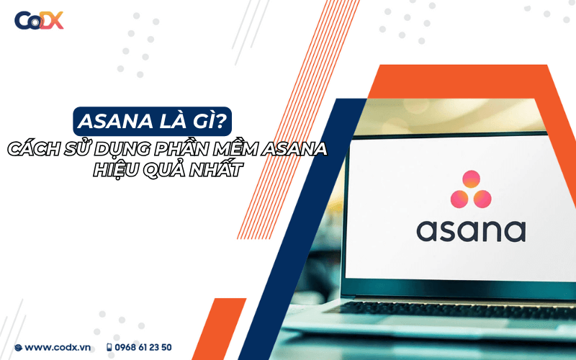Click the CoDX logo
coord(39,20)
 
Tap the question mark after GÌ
coord(220,120)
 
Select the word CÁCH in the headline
coord(33,149)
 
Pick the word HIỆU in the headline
coord(116,170)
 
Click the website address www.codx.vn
coord(58,347)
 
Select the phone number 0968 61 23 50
coord(143,347)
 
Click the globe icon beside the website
coord(19,348)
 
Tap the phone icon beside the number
coord(109,347)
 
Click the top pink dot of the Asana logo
coord(471,179)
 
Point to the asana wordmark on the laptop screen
coord(471,231)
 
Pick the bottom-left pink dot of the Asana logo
coord(459,199)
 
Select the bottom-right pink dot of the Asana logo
coord(482,199)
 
